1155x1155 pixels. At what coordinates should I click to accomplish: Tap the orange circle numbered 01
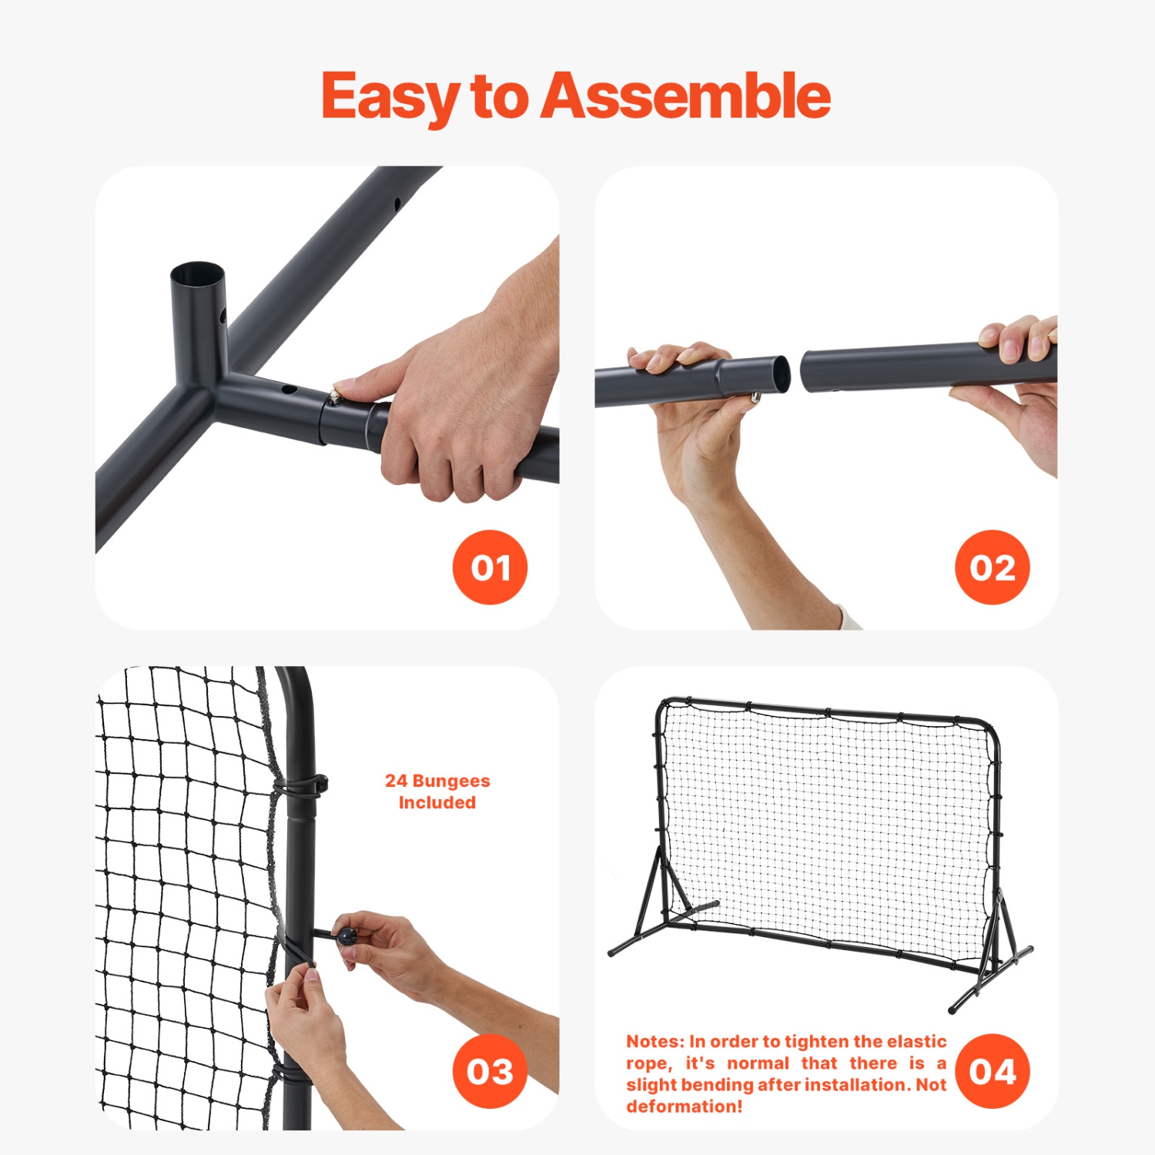click(x=490, y=567)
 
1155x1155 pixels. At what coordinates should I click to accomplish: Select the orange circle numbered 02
click(x=992, y=567)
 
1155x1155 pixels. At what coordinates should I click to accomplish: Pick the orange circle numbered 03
click(x=490, y=1071)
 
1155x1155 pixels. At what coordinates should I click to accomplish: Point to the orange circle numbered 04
click(x=992, y=1071)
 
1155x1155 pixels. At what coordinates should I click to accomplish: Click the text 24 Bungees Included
click(x=437, y=792)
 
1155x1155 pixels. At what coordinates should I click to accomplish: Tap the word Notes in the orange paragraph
click(x=654, y=1042)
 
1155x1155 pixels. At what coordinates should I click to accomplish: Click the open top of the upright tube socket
click(x=197, y=274)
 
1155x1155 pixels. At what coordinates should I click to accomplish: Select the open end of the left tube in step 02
click(x=781, y=374)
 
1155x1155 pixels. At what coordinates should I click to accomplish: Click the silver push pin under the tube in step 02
click(x=755, y=397)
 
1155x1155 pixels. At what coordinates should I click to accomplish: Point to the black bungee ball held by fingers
click(x=347, y=936)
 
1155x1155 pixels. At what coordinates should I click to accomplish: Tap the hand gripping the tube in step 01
click(x=454, y=400)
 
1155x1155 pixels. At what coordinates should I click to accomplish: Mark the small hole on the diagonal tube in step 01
click(x=397, y=205)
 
